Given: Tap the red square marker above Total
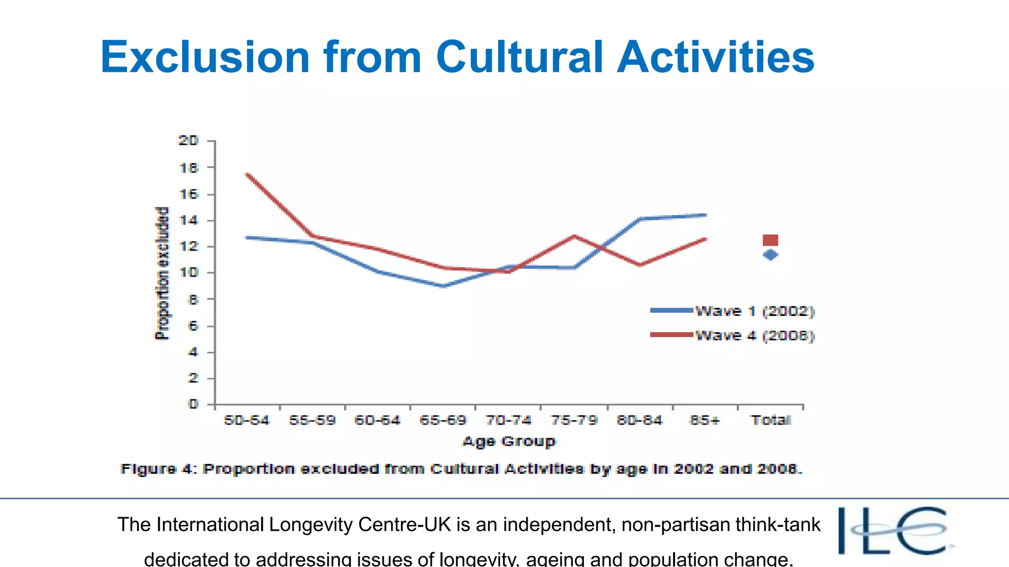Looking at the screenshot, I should click(x=770, y=240).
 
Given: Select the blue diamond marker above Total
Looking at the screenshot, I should click(x=770, y=255).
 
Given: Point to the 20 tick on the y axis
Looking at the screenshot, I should click(x=188, y=141).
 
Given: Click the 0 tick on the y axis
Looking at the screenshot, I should click(x=193, y=404).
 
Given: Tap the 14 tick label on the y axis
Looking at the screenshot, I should click(x=188, y=220).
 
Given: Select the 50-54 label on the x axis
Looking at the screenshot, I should click(x=246, y=420).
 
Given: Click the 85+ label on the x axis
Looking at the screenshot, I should click(x=705, y=420).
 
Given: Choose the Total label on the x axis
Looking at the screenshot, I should click(x=771, y=420).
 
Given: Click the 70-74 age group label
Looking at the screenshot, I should click(x=508, y=420).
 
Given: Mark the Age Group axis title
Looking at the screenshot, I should click(x=508, y=441).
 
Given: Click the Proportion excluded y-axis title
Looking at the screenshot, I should click(x=162, y=273).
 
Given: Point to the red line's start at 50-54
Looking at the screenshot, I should click(x=247, y=174).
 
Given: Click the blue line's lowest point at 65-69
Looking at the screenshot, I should click(x=443, y=286).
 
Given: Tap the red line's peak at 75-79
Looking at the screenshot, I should click(x=574, y=236).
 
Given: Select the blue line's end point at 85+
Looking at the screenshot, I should click(x=706, y=215).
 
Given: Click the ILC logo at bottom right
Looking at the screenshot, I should click(x=894, y=532).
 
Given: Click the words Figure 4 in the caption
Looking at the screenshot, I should click(x=158, y=469).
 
